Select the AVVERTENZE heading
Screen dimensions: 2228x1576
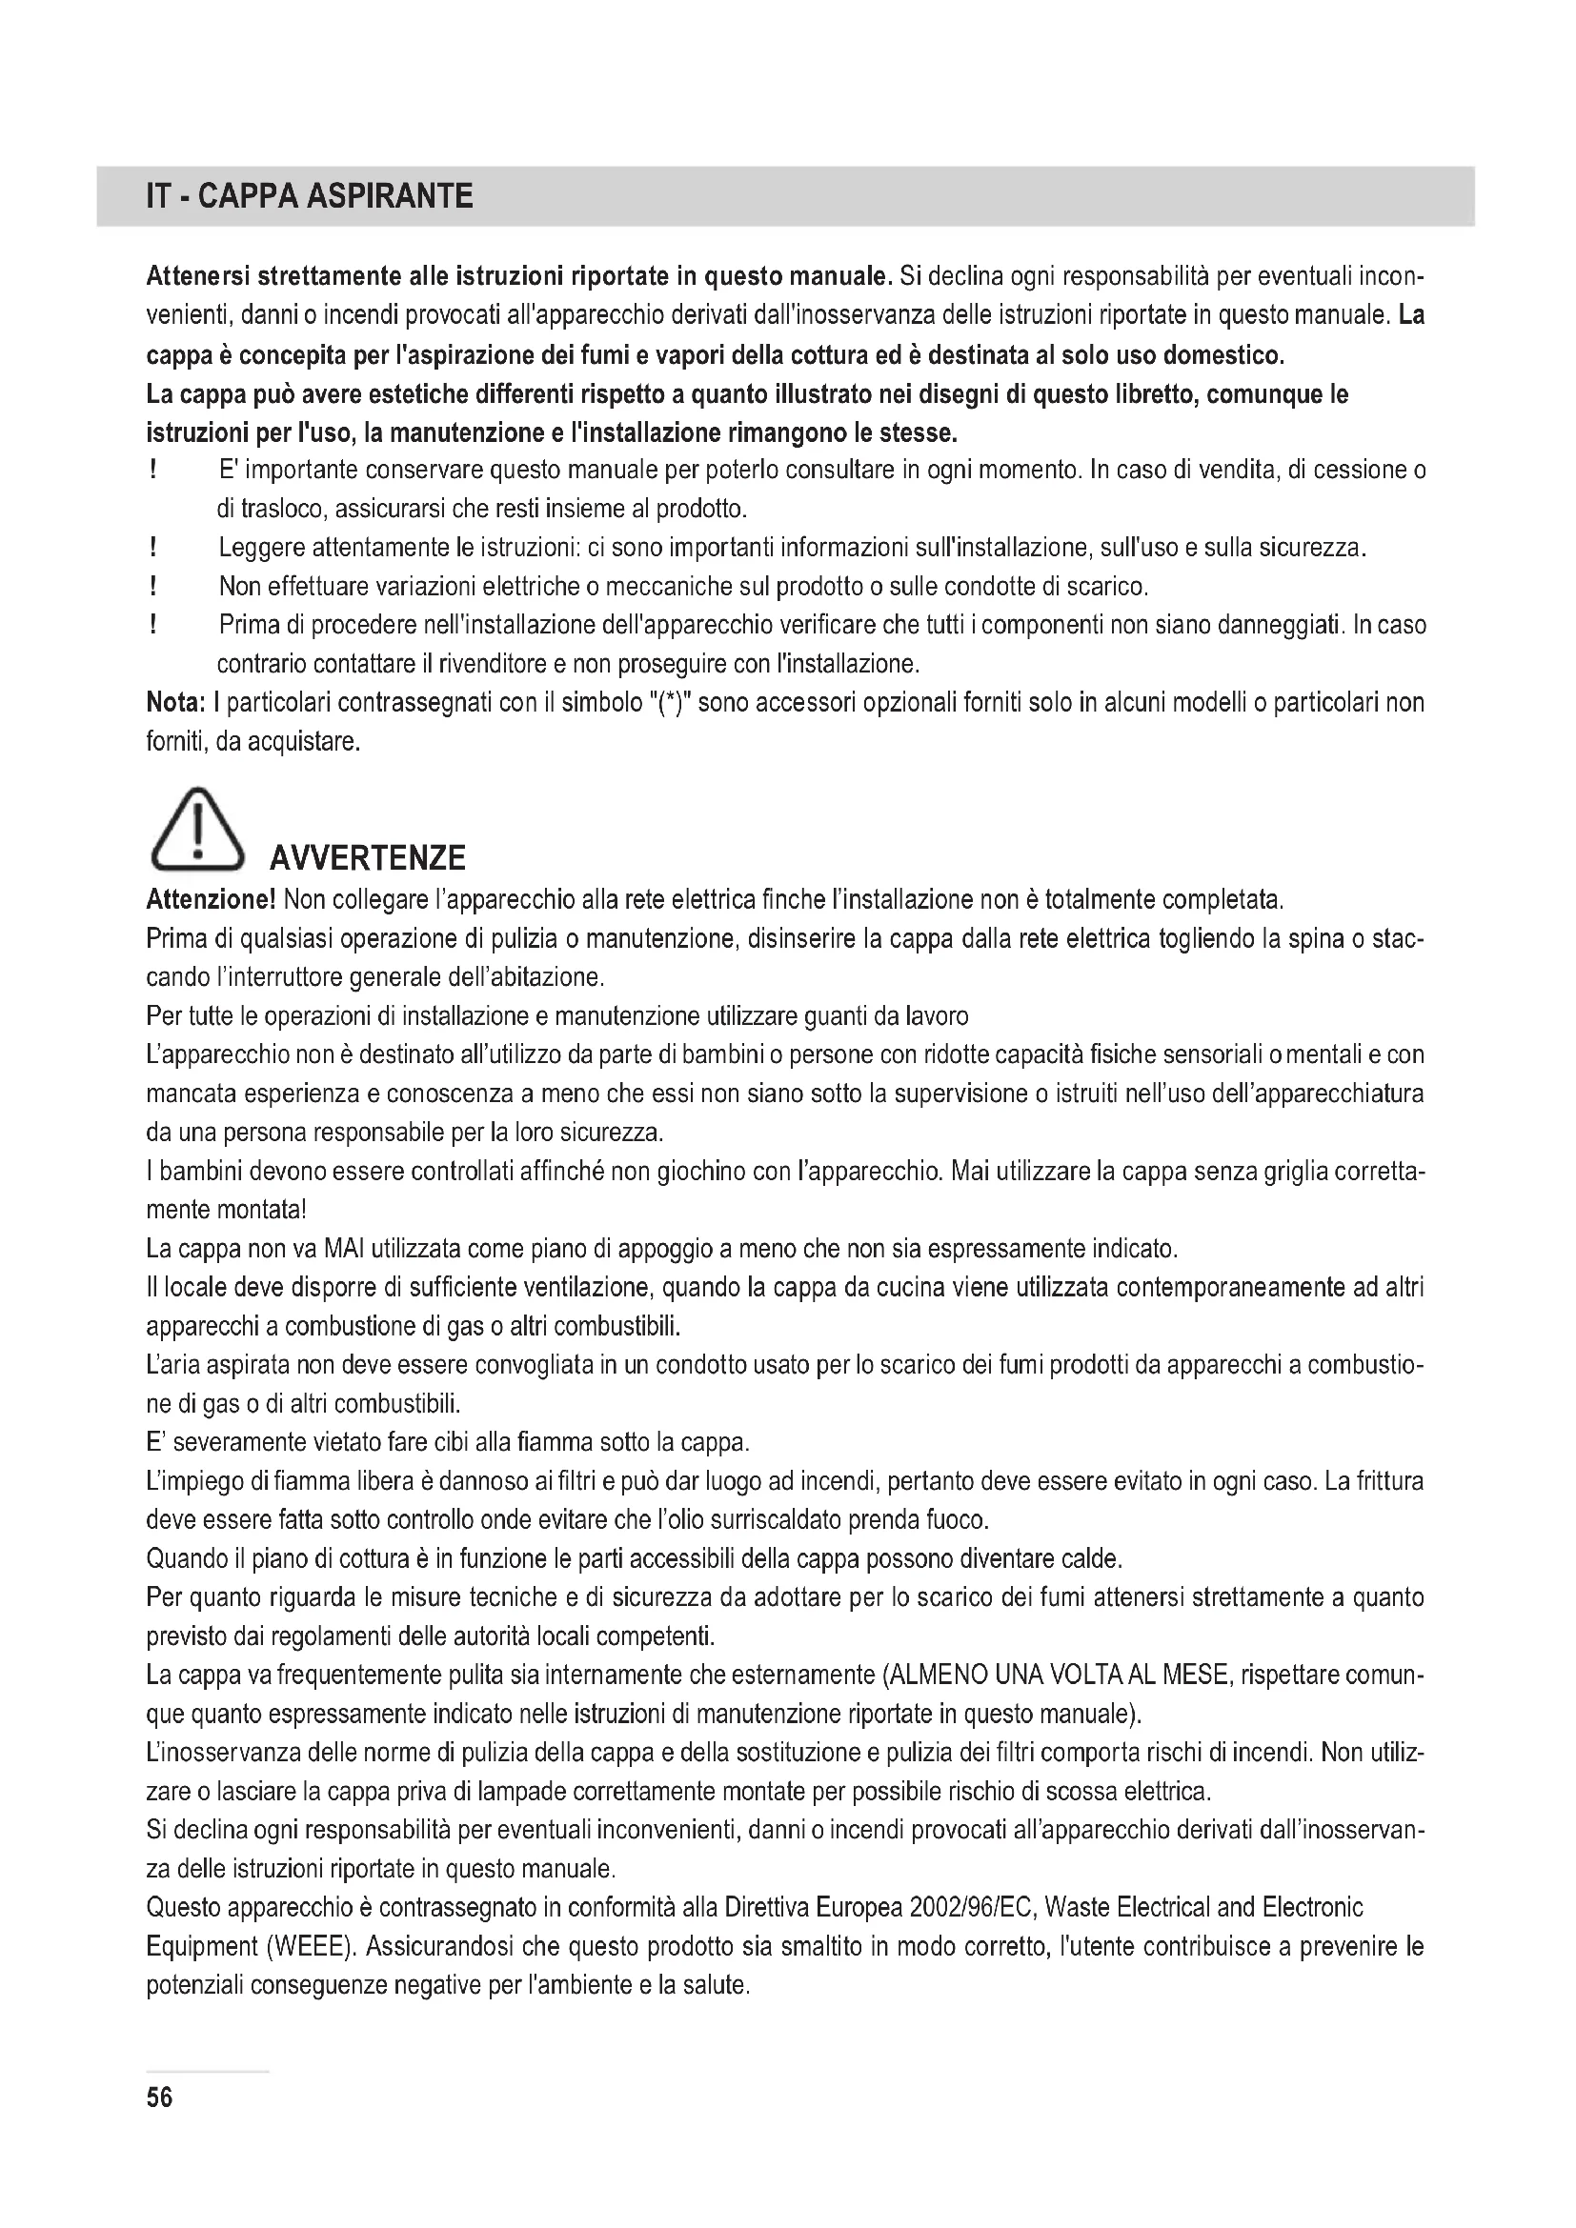click(367, 858)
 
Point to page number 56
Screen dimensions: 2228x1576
click(159, 2098)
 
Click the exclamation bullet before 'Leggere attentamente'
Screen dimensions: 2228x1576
click(153, 549)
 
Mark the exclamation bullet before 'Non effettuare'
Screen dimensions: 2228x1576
click(153, 587)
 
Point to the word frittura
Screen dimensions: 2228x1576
click(1385, 1482)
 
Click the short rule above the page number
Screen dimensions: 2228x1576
click(208, 2072)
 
